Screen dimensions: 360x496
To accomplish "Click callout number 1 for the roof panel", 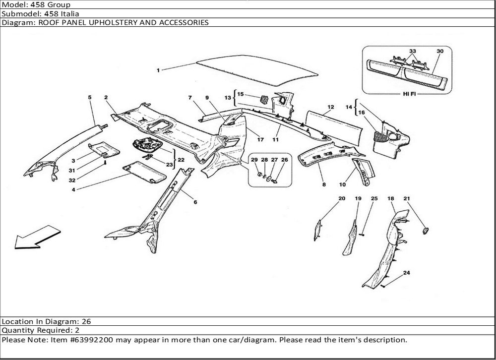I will click(158, 70).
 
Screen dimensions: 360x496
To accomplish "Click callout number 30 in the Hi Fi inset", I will click(440, 51).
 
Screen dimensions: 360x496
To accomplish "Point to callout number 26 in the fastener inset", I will click(284, 160).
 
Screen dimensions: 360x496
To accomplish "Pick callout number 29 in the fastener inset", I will click(254, 160).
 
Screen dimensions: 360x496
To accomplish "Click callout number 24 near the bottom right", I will click(407, 273).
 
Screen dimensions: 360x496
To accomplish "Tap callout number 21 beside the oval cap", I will click(407, 198).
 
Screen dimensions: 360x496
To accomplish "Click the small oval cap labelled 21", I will click(425, 231).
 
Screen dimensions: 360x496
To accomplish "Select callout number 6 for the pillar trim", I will click(195, 202).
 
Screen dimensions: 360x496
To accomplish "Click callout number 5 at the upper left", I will click(90, 98).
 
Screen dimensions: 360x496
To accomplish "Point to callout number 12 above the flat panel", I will click(330, 107).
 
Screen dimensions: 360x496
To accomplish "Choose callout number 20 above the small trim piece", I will click(342, 198).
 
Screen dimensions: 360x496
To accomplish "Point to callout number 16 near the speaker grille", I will click(361, 113).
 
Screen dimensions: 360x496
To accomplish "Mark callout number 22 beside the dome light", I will click(181, 160).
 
